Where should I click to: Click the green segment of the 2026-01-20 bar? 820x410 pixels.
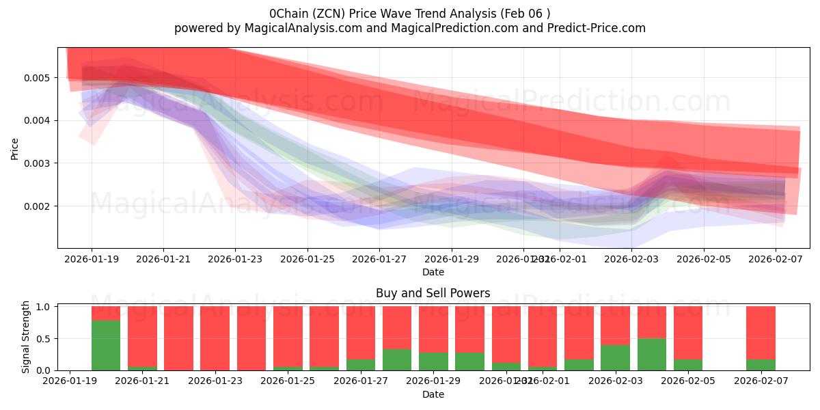(106, 345)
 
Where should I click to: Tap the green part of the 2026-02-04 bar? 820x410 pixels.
(652, 354)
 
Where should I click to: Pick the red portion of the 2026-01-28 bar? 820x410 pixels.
(397, 327)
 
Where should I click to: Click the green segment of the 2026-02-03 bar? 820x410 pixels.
(615, 357)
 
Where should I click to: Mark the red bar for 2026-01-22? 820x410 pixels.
(178, 338)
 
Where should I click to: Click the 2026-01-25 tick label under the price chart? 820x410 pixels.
(307, 259)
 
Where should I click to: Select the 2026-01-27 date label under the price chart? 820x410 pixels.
(379, 259)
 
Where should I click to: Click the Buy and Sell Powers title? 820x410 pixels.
(433, 293)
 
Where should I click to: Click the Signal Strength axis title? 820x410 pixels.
(27, 337)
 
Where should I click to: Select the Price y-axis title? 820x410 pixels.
(15, 148)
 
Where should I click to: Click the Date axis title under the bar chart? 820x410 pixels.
(433, 394)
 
